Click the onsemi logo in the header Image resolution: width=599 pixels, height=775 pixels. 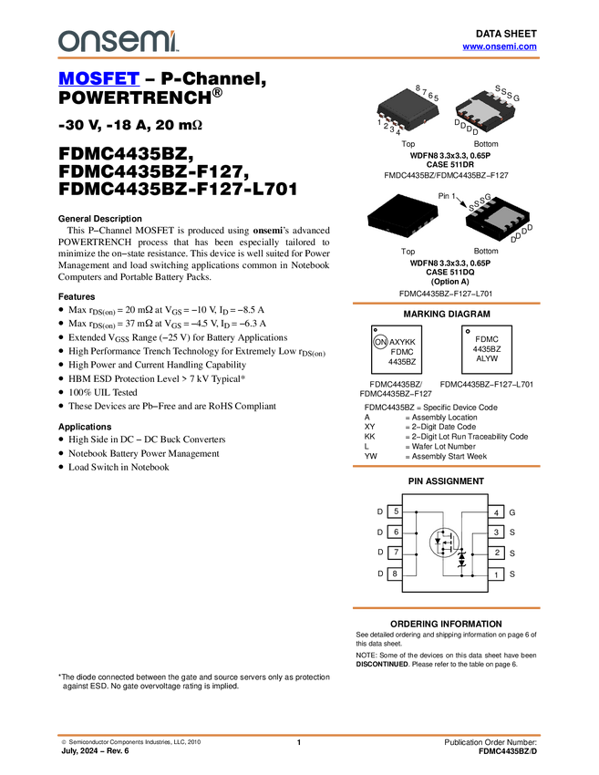click(x=118, y=41)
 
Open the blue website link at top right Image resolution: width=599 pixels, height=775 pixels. click(x=500, y=46)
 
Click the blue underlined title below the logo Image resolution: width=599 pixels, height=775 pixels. click(x=98, y=79)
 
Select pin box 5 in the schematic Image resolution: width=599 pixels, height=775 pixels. click(x=396, y=511)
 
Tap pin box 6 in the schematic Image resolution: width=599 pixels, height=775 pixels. click(x=396, y=532)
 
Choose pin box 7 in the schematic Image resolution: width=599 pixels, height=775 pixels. click(x=396, y=553)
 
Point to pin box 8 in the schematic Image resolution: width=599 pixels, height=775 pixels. click(x=396, y=573)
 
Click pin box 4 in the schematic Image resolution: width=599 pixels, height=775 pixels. click(x=497, y=512)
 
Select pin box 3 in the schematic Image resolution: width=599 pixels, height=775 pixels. click(x=497, y=532)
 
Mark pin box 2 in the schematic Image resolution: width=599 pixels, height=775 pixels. click(x=497, y=553)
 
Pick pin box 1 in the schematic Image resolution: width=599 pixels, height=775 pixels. click(x=497, y=574)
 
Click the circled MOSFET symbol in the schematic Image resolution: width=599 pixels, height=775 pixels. click(x=444, y=543)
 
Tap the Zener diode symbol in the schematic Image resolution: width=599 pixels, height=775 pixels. click(x=461, y=555)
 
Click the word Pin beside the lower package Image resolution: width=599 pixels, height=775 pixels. click(x=444, y=196)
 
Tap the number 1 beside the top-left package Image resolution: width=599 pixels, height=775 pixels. click(x=379, y=122)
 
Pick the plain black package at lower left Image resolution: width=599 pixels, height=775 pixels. click(x=401, y=217)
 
